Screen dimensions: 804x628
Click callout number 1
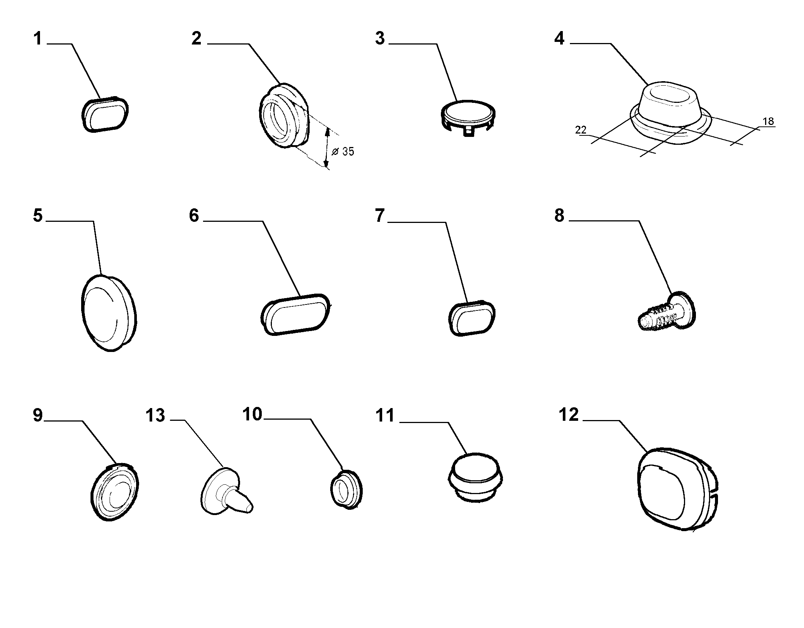click(x=37, y=39)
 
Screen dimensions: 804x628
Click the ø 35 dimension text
click(x=343, y=151)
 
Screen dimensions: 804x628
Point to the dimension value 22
click(x=581, y=130)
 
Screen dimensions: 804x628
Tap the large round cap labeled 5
click(x=109, y=313)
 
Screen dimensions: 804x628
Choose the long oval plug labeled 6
click(x=295, y=315)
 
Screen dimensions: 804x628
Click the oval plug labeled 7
click(x=472, y=318)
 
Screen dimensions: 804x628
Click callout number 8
click(x=559, y=216)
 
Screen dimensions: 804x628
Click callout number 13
click(x=155, y=415)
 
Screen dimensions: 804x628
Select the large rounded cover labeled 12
click(x=678, y=489)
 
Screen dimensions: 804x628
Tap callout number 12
click(x=569, y=414)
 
